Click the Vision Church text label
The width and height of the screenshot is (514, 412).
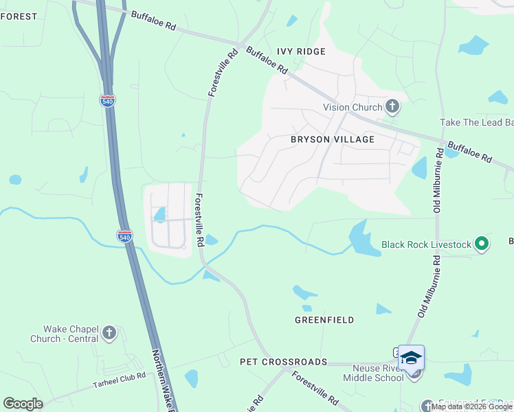(x=353, y=107)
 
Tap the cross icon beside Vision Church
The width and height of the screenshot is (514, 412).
(x=392, y=106)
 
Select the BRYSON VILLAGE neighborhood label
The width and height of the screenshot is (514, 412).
(x=333, y=139)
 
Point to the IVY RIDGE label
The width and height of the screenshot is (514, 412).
(x=300, y=51)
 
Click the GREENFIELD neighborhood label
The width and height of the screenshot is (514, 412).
(x=324, y=320)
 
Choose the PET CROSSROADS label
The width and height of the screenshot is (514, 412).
(x=283, y=361)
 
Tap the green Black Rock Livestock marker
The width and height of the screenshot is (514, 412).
(x=482, y=244)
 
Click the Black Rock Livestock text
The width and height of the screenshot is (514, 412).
(x=426, y=244)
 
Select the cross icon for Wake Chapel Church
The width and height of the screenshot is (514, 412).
(x=109, y=334)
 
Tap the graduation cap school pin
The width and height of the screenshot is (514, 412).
(x=411, y=358)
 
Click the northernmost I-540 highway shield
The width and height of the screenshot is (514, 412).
(x=107, y=101)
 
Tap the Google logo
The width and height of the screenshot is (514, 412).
(x=23, y=404)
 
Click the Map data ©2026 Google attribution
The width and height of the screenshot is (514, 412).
(x=471, y=407)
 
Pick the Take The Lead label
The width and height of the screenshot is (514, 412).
(x=476, y=122)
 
